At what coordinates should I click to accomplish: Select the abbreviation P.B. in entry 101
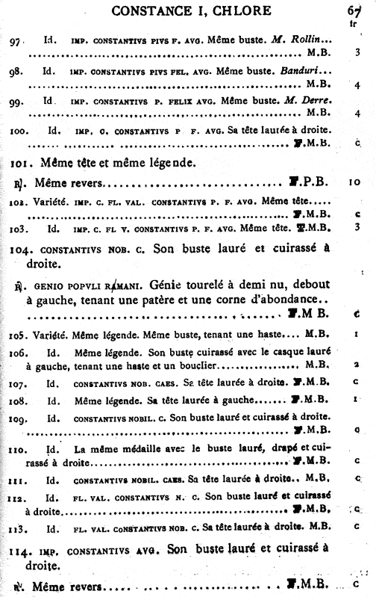(312, 182)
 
